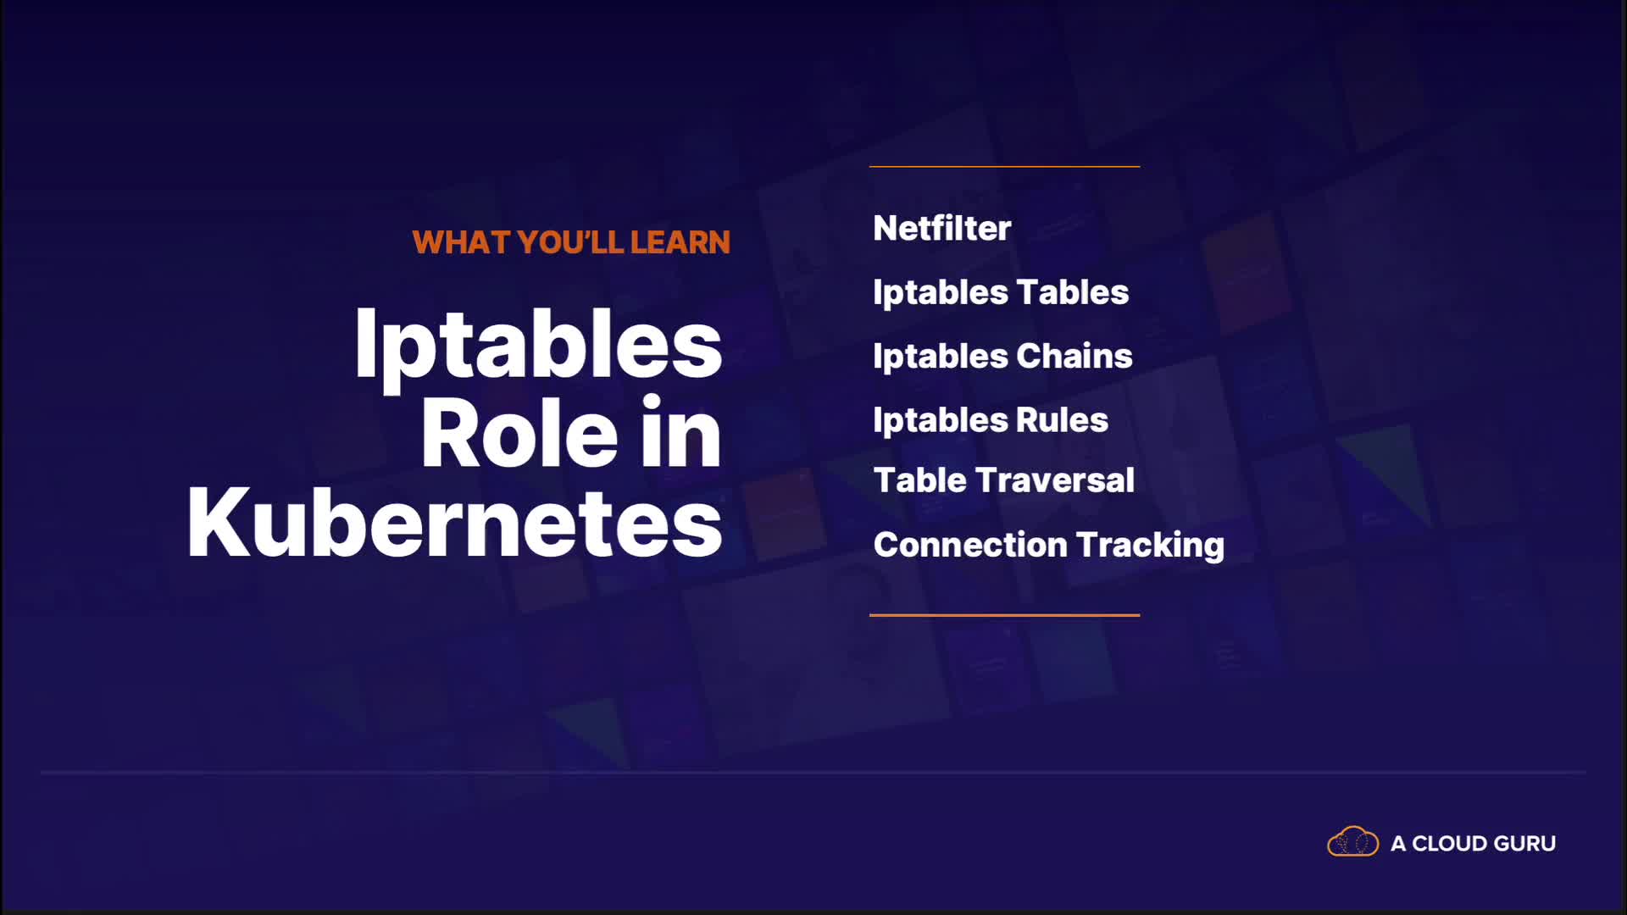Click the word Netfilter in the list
click(942, 228)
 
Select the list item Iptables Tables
click(1001, 293)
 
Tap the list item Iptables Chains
click(1002, 357)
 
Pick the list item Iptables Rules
click(991, 420)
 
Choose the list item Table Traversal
click(1004, 480)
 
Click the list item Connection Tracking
click(1049, 546)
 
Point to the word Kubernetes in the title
click(454, 522)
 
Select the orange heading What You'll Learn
click(571, 242)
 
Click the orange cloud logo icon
click(1352, 842)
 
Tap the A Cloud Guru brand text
click(1473, 844)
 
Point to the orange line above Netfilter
click(1004, 167)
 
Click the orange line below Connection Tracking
click(1004, 615)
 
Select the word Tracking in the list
click(1150, 546)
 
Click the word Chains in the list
click(1074, 356)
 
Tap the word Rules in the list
click(1062, 420)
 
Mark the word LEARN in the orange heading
click(680, 242)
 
